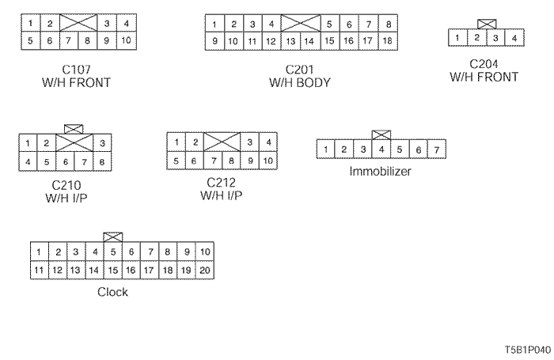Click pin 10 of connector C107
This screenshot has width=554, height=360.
pos(127,40)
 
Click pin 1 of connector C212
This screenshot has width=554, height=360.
pos(176,142)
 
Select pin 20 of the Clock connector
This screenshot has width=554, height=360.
pos(205,270)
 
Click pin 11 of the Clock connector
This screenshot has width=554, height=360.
pos(39,270)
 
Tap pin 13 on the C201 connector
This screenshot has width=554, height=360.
pos(290,40)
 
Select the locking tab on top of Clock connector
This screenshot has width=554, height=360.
pos(113,237)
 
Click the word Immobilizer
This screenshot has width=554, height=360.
pos(381,170)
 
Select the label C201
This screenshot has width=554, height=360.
pos(300,70)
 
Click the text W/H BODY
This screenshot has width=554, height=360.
pos(300,82)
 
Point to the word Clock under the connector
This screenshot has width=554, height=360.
pos(112,292)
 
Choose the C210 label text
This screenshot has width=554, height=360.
pos(66,185)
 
